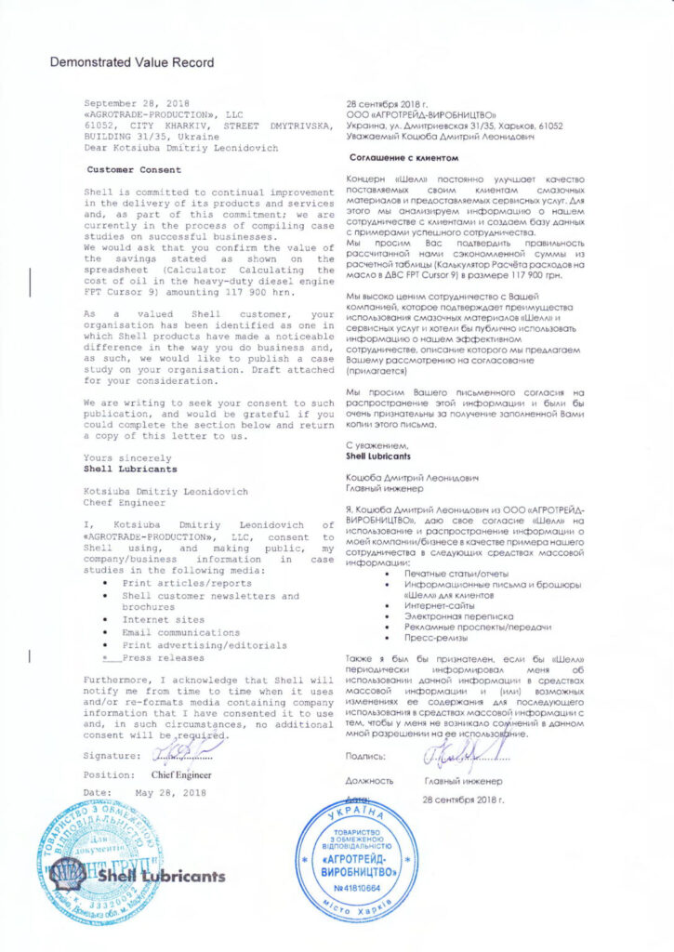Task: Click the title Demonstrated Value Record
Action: tap(131, 63)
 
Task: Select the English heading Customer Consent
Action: tap(135, 170)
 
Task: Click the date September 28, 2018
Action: tap(136, 102)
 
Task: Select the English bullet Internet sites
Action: tap(164, 619)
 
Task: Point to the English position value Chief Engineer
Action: tap(180, 774)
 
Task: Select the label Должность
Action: tap(368, 782)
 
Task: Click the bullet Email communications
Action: tap(180, 632)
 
